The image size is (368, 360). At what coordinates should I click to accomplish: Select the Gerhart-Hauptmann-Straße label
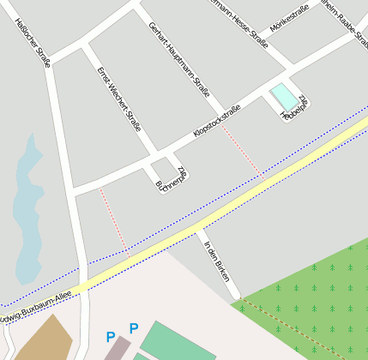(178, 58)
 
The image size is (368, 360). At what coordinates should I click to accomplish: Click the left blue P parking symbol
(109, 337)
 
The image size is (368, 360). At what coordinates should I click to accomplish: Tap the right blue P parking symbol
(133, 328)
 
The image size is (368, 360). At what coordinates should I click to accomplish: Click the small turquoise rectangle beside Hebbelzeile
(282, 95)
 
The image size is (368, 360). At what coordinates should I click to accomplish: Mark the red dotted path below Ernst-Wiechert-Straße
(113, 221)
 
